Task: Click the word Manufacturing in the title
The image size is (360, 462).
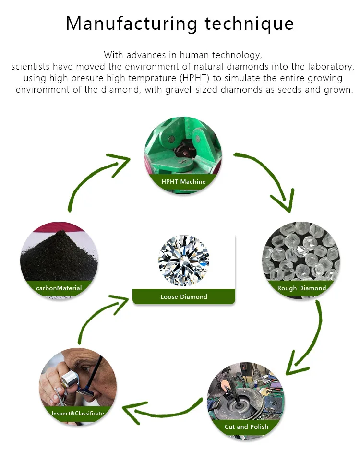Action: [x=132, y=24]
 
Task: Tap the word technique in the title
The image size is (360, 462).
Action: [x=250, y=24]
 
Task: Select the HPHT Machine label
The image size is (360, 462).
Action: [x=183, y=181]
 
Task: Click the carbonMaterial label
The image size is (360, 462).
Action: [x=59, y=288]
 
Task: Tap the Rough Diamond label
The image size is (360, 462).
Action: [x=301, y=288]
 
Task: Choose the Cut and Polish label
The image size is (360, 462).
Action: [x=246, y=426]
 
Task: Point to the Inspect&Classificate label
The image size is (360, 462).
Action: [x=78, y=413]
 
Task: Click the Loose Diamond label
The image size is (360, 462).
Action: [x=184, y=296]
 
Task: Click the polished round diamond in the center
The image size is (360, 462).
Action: [x=184, y=261]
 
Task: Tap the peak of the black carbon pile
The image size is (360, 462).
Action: [x=61, y=232]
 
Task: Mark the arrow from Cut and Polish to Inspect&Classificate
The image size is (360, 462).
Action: [x=162, y=410]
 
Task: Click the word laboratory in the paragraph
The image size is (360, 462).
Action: [x=331, y=67]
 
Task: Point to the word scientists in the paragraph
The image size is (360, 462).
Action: [x=30, y=67]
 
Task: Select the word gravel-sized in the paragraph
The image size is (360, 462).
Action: [x=190, y=90]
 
